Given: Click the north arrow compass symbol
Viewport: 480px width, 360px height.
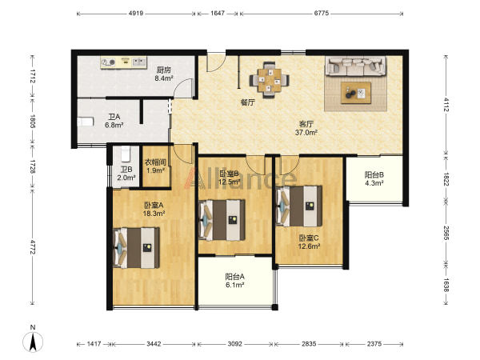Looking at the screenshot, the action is (33, 340).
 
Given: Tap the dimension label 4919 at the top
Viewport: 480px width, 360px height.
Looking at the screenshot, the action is (136, 14).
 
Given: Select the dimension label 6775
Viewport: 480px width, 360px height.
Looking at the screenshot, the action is (321, 13).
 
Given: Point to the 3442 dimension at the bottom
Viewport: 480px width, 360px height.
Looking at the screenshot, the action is (154, 344).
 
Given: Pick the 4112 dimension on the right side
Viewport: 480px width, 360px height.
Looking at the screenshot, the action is (446, 105).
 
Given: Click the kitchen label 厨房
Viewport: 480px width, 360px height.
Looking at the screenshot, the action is (163, 70).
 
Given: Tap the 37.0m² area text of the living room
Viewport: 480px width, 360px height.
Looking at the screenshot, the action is (306, 133).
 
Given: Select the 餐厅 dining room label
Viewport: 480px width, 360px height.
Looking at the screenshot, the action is (247, 102).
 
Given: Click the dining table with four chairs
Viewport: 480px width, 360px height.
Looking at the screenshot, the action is (270, 80).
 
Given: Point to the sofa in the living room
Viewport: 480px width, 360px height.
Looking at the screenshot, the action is (355, 66).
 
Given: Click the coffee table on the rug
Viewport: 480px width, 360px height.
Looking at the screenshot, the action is (356, 93).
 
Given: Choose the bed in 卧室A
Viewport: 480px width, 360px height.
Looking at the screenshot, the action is (136, 248).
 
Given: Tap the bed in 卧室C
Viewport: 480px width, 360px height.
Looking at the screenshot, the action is (298, 206).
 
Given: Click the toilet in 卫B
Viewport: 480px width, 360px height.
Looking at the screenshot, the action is (126, 154).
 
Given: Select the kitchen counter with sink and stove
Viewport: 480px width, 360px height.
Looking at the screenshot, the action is (123, 62).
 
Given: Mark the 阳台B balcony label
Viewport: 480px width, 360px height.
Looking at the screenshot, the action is (374, 174).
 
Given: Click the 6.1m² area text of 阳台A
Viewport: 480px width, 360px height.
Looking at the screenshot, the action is (234, 285).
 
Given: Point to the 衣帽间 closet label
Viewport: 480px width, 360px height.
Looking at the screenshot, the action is (155, 162).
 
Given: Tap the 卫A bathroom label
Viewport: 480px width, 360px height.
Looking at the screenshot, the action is (114, 117).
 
